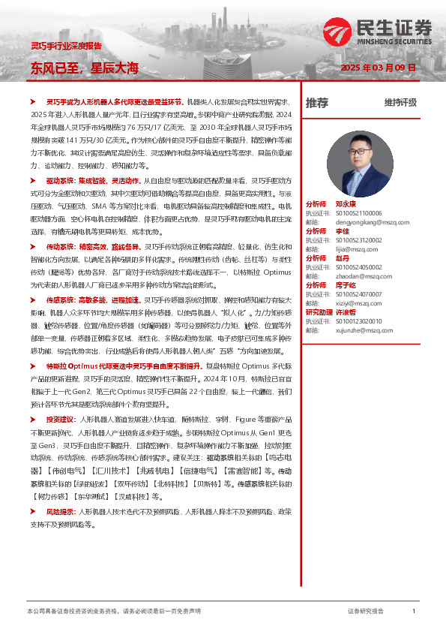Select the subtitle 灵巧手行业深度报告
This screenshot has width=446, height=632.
point(65,45)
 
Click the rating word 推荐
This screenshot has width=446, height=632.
point(316,103)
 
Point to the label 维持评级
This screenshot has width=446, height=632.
point(400,103)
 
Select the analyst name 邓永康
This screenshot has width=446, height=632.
point(346,204)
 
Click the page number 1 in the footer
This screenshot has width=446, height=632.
point(414,612)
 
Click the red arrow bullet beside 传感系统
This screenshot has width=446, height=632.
point(32,299)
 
